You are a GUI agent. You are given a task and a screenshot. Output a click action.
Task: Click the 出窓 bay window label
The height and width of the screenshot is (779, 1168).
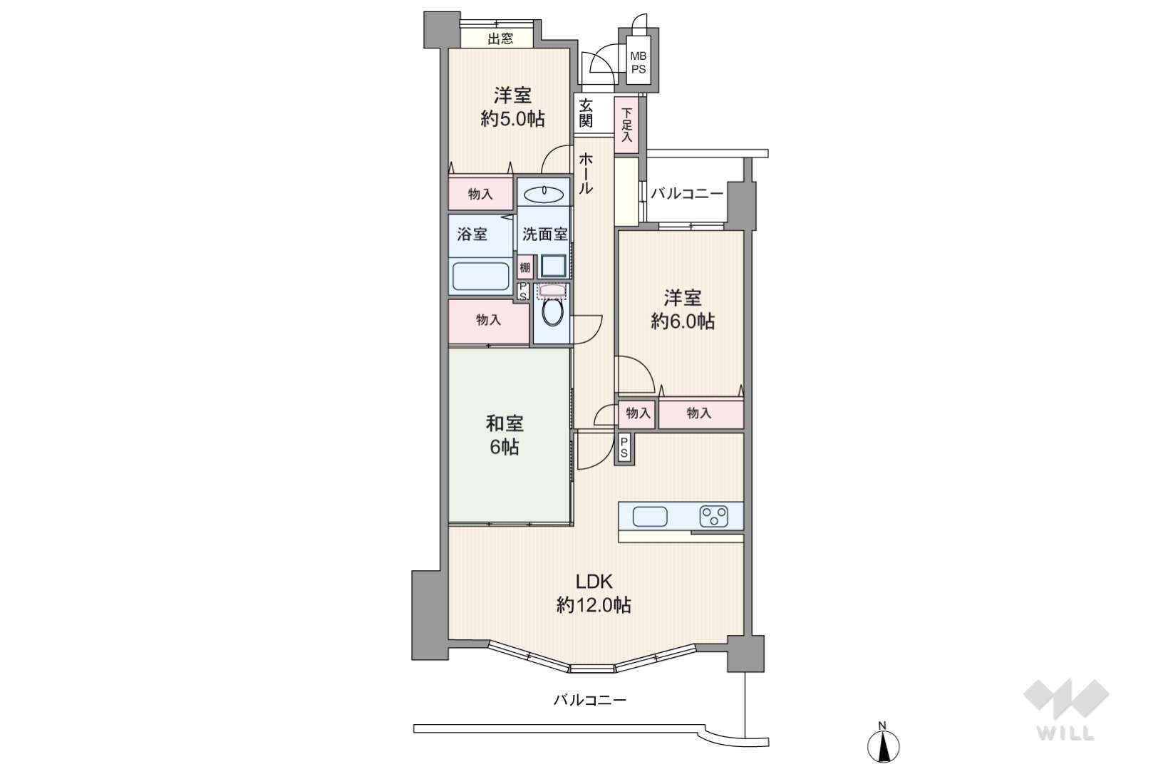[500, 38]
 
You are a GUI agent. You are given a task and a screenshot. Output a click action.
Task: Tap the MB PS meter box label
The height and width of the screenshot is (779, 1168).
[639, 62]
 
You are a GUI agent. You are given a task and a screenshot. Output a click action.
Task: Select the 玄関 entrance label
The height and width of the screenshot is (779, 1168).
[586, 113]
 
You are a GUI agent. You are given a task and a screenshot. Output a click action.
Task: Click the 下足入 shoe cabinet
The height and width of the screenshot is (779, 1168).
[626, 125]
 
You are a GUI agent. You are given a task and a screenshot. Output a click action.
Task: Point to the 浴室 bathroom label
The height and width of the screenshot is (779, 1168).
[472, 234]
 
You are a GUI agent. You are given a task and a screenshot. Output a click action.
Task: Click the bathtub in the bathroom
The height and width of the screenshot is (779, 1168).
[480, 276]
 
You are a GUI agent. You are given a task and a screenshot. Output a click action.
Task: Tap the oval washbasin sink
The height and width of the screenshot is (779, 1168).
[543, 195]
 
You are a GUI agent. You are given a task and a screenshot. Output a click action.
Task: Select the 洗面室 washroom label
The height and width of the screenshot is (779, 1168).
[545, 234]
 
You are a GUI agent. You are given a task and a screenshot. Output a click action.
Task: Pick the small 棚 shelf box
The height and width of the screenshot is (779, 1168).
[525, 268]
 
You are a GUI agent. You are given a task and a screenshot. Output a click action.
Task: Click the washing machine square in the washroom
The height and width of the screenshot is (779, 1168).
[552, 267]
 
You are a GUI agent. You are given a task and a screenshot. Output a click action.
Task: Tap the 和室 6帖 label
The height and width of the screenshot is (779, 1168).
[505, 435]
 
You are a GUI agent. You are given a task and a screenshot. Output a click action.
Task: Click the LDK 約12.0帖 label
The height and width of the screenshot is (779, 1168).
[594, 594]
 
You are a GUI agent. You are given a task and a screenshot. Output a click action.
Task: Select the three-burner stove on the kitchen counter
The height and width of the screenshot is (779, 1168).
[713, 516]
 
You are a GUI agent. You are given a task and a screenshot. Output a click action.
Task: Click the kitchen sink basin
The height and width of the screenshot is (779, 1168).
[650, 516]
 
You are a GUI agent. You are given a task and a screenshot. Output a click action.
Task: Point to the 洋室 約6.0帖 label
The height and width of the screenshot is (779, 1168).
[683, 310]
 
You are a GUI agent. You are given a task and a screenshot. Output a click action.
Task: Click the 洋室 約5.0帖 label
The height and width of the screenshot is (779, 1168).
[512, 108]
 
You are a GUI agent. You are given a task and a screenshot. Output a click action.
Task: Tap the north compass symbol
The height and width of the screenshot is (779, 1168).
[883, 743]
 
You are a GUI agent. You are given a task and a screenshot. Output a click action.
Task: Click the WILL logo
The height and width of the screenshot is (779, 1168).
[1066, 708]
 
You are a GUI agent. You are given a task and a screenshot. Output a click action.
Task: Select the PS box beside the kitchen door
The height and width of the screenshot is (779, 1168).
[624, 448]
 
